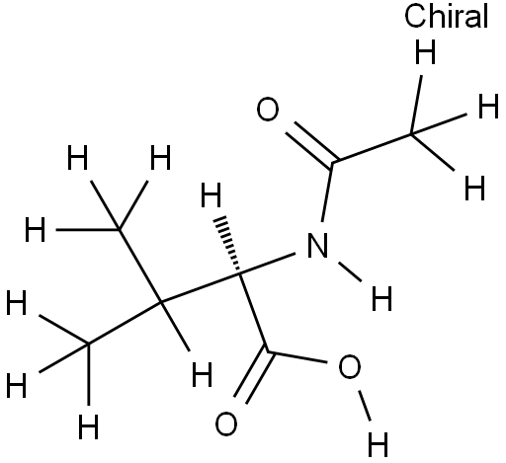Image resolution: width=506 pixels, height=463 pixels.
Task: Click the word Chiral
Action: coord(446,17)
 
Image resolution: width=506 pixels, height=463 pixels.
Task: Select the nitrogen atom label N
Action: coord(317,245)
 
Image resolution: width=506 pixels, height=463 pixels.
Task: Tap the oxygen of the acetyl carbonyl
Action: coord(268,109)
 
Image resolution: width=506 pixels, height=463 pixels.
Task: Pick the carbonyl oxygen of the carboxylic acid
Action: coord(226,424)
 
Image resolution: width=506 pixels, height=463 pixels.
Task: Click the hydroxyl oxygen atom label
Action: coord(350,366)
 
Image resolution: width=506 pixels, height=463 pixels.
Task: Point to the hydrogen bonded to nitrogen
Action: coord(381,298)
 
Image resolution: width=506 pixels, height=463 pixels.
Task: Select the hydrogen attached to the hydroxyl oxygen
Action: coord(378,444)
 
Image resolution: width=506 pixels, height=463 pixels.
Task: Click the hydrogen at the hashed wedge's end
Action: coord(211,195)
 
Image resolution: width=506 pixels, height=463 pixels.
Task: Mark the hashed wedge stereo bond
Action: coord(230,245)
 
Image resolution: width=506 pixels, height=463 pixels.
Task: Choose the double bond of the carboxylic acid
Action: coord(254,377)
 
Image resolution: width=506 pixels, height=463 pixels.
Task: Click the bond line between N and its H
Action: coord(350,271)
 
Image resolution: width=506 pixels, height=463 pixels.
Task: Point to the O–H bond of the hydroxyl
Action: coord(365,406)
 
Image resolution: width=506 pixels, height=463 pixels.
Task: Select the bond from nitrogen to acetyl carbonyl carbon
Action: coord(327,192)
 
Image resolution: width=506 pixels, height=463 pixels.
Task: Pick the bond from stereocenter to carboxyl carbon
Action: coord(254,313)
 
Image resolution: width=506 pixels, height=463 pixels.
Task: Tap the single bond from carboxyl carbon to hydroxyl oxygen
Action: coord(297,357)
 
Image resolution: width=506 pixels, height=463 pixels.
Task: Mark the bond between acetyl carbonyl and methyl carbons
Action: coord(373,148)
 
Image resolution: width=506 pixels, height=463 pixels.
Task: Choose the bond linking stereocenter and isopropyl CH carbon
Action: coord(201,287)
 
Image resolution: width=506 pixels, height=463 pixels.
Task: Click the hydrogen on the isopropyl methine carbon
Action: coord(202,374)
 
